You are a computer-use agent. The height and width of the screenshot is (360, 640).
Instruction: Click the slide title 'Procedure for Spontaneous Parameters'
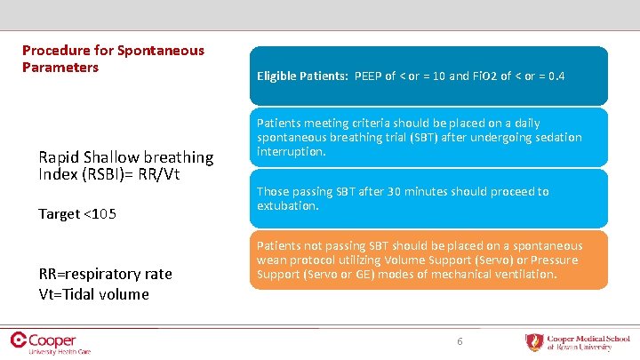(x=113, y=59)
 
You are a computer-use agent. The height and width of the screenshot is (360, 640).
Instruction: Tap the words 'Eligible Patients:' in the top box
(x=302, y=76)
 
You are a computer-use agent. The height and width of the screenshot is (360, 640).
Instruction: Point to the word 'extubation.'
(x=287, y=206)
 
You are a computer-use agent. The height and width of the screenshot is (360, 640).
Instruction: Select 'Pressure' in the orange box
(x=556, y=260)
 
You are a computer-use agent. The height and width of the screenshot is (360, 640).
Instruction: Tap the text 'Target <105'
(x=77, y=214)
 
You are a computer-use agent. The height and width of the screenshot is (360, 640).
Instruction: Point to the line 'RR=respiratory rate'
(x=105, y=274)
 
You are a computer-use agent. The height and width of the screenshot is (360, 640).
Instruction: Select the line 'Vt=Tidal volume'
(x=93, y=294)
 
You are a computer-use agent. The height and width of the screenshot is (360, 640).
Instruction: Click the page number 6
(x=460, y=341)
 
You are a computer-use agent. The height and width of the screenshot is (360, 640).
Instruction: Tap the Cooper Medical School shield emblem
(x=533, y=342)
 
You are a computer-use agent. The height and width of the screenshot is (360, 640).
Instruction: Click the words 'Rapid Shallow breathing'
(x=125, y=157)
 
